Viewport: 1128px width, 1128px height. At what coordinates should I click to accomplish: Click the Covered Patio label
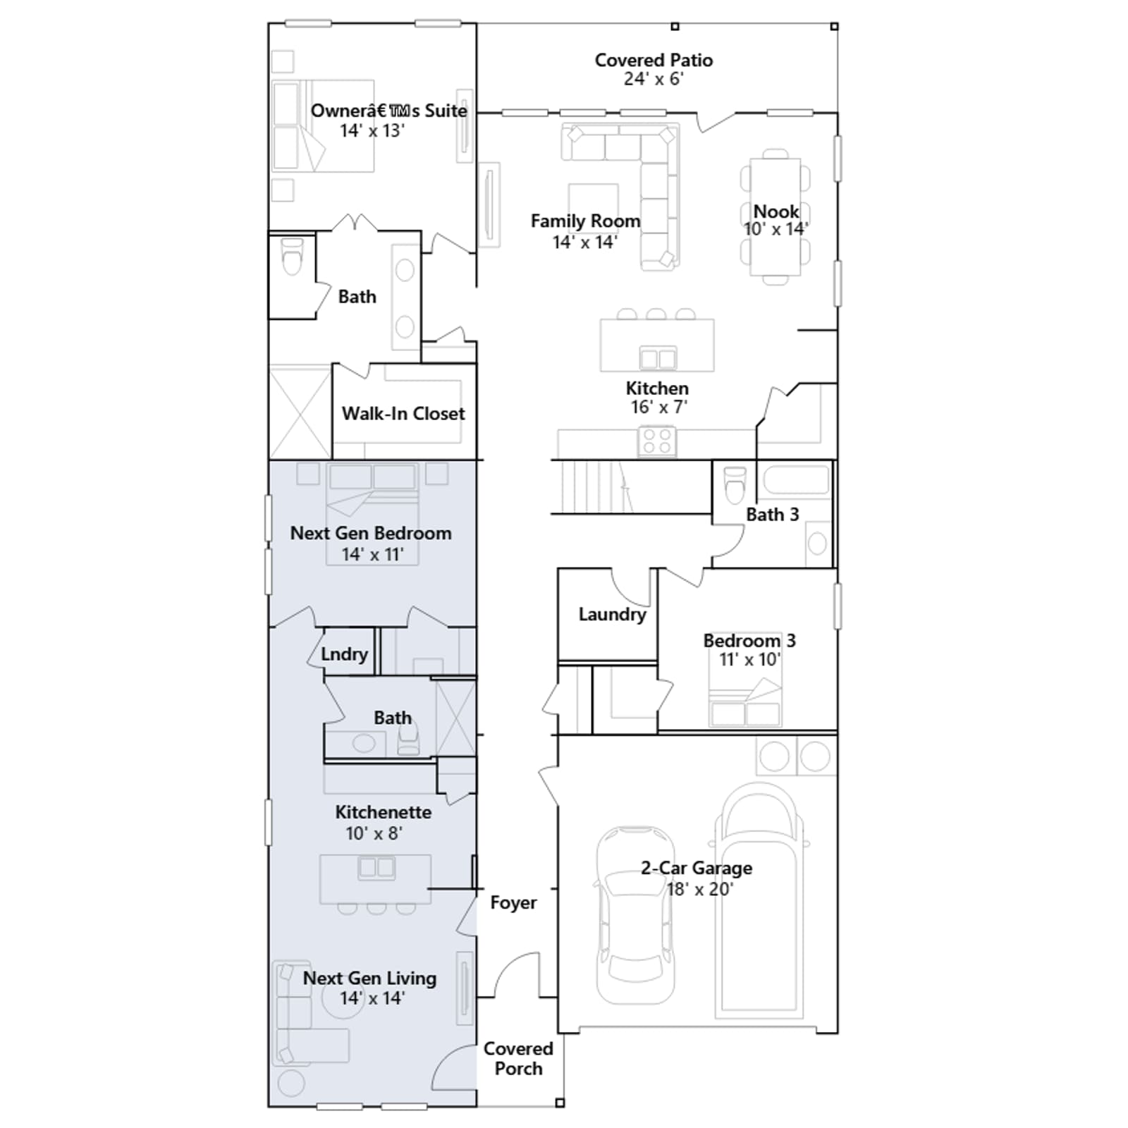click(654, 61)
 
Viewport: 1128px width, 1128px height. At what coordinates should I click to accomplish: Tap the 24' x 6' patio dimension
click(654, 79)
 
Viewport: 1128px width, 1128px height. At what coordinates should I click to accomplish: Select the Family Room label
click(585, 221)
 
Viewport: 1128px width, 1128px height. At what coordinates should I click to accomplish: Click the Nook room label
click(775, 211)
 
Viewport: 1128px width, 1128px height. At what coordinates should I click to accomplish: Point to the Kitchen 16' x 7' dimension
click(658, 407)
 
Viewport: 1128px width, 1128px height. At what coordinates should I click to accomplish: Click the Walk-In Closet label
click(403, 414)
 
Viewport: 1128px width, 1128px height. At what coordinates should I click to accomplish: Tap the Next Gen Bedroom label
click(371, 534)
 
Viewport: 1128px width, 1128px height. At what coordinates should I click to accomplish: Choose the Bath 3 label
click(773, 515)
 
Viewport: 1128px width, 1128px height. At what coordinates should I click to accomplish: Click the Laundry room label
click(612, 615)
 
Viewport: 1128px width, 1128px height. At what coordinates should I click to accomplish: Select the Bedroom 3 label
click(749, 641)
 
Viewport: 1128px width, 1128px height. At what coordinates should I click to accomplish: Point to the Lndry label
click(344, 654)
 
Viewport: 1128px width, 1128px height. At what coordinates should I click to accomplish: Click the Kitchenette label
click(383, 812)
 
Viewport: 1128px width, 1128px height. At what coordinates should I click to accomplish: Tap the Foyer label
click(513, 903)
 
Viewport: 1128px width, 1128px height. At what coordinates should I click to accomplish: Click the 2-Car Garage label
click(697, 868)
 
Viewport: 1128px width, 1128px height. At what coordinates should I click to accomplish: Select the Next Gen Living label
click(369, 979)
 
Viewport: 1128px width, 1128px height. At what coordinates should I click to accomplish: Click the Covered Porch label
click(518, 1059)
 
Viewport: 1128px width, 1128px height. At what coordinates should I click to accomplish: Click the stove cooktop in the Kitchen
click(657, 442)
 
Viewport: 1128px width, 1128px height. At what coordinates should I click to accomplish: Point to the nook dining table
click(775, 217)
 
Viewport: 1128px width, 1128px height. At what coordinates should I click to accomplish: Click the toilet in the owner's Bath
click(292, 256)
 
